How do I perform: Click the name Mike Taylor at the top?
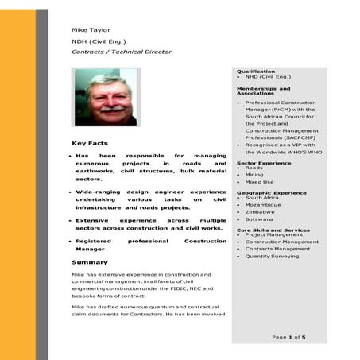point(91,30)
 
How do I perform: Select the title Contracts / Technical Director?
point(121,52)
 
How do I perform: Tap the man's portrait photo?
point(105,96)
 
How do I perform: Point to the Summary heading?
point(89,261)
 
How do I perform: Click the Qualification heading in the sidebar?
point(255,72)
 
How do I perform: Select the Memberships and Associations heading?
point(263,91)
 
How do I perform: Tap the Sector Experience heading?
point(264,163)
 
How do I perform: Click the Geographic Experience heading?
point(271,192)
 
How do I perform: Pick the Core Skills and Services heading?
point(273,230)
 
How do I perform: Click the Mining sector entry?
point(254,175)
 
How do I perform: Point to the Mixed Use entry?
point(259,183)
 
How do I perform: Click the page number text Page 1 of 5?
point(288,337)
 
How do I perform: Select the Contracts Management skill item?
point(277,249)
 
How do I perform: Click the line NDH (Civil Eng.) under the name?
point(99,41)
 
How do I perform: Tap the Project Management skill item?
point(273,234)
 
